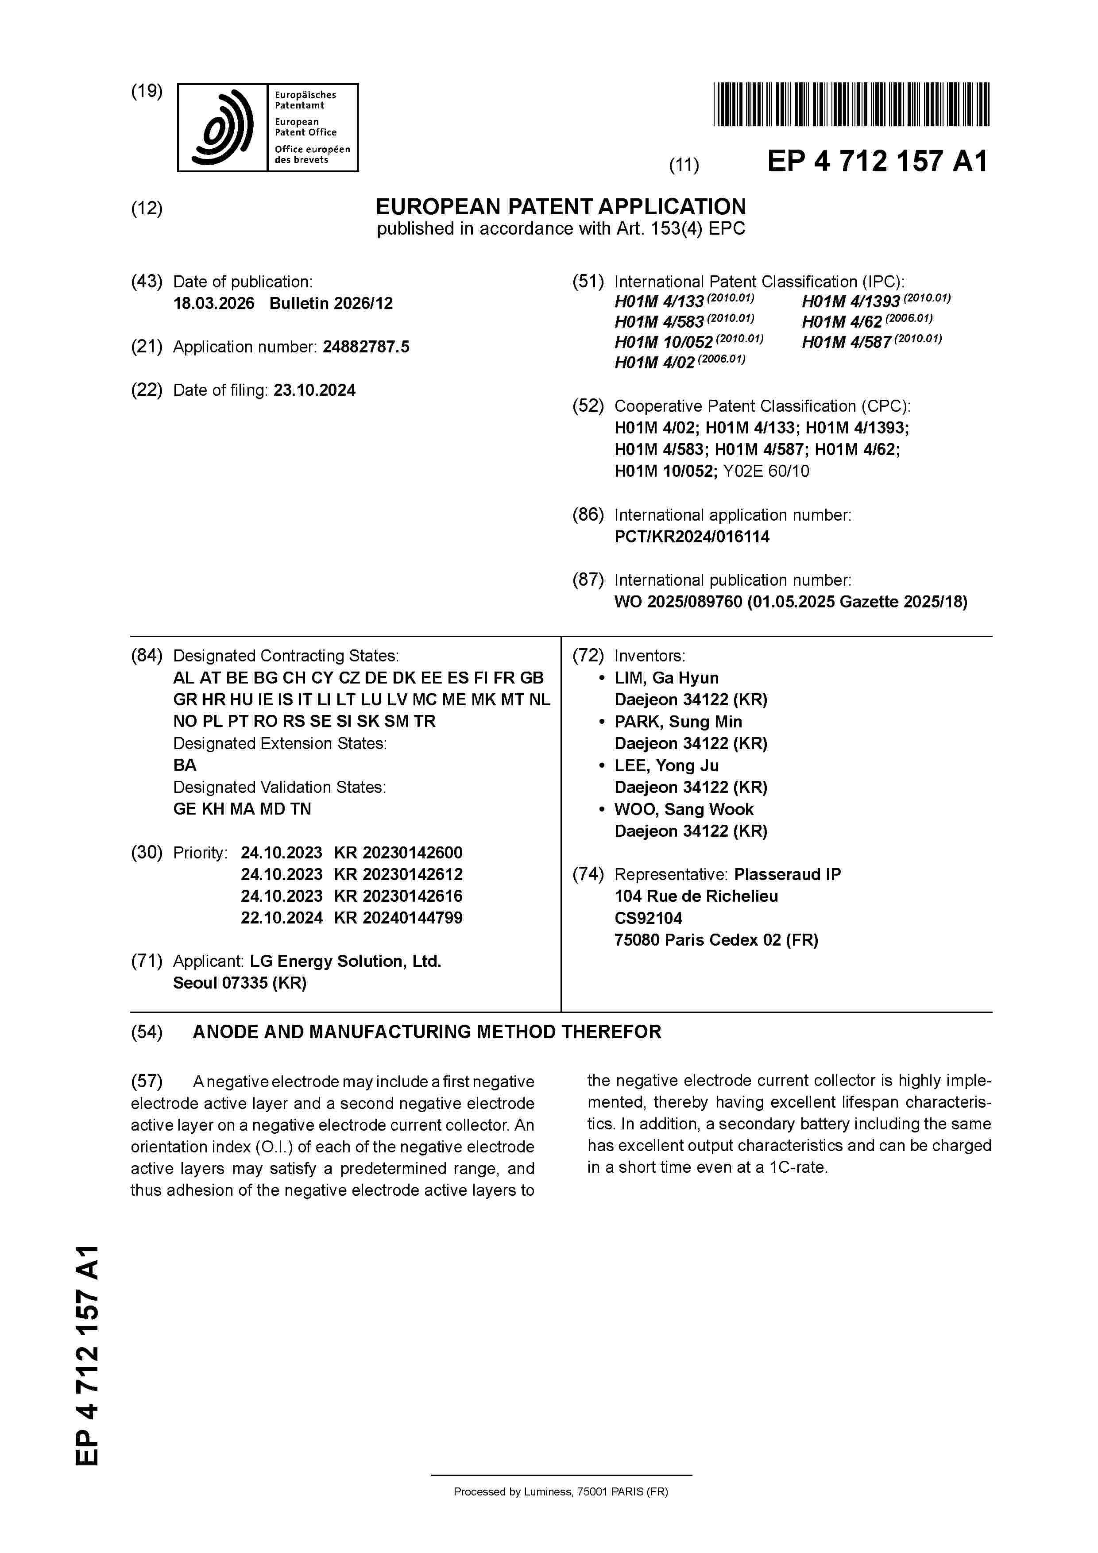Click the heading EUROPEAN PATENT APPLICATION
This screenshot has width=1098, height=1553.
pyautogui.click(x=561, y=206)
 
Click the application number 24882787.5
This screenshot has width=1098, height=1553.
pyautogui.click(x=366, y=347)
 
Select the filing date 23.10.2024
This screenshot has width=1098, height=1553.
pyautogui.click(x=315, y=390)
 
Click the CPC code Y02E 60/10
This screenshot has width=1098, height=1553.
pyautogui.click(x=766, y=471)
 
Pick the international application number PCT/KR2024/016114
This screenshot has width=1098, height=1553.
pyautogui.click(x=692, y=537)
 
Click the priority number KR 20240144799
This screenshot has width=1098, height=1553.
pyautogui.click(x=398, y=918)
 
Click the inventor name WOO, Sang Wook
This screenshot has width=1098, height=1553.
pyautogui.click(x=683, y=810)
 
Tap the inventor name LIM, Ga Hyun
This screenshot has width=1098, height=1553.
pyautogui.click(x=666, y=678)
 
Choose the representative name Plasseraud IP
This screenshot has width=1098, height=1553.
pyautogui.click(x=788, y=875)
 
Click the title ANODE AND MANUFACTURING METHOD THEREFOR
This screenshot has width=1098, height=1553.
pyautogui.click(x=427, y=1032)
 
